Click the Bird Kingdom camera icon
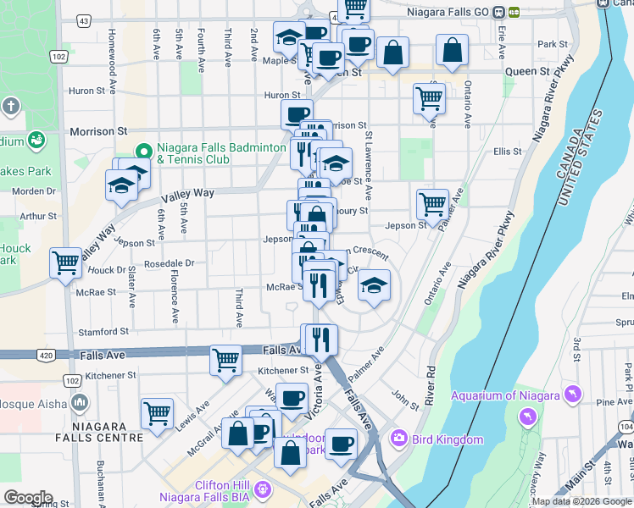point(398,439)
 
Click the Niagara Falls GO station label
point(450,12)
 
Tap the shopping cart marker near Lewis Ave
point(158,413)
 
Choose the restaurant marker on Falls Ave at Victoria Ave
point(320,340)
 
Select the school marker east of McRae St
point(373,285)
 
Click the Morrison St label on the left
point(98,131)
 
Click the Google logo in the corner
point(27,498)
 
